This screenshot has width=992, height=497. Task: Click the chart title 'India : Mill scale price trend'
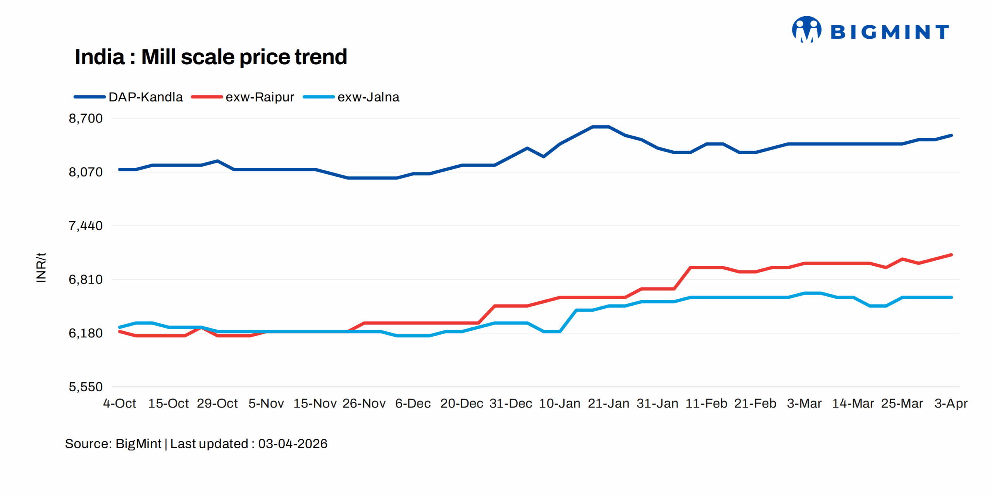(210, 57)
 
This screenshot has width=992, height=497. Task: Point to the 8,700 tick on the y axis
(86, 118)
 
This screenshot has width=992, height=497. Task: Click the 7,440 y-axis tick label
(86, 225)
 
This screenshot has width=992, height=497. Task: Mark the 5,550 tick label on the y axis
(86, 387)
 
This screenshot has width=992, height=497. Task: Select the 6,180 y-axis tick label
(86, 333)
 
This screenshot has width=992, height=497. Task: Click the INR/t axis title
(41, 267)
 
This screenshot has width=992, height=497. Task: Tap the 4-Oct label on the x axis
(119, 403)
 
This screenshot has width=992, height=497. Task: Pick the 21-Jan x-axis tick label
(608, 403)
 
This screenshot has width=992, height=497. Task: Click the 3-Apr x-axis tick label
(951, 403)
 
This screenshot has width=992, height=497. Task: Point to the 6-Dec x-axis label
(413, 403)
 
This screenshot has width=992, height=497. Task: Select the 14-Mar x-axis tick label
(853, 403)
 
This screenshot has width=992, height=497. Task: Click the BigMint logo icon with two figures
(806, 29)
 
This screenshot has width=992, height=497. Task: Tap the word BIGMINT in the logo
(890, 32)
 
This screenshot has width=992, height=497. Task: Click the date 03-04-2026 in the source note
(293, 444)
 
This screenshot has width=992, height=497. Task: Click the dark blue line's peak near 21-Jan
(601, 127)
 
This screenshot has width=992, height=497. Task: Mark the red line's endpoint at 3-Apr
(951, 255)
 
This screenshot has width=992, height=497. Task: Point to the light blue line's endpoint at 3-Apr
(951, 298)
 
